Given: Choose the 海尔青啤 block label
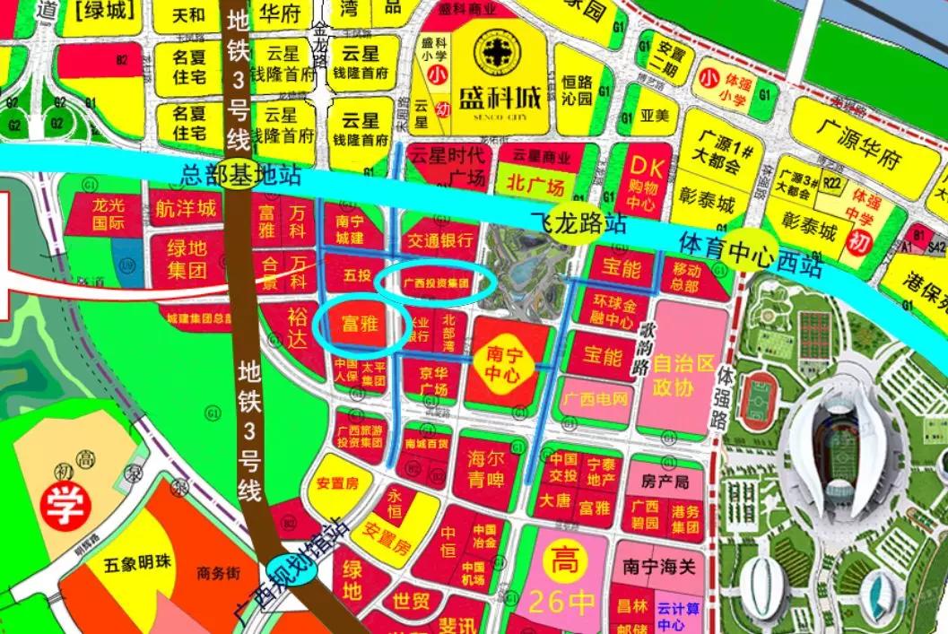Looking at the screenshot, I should [x=485, y=469].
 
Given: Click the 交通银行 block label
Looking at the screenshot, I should [x=439, y=240].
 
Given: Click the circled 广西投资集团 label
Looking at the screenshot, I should [x=435, y=282].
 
